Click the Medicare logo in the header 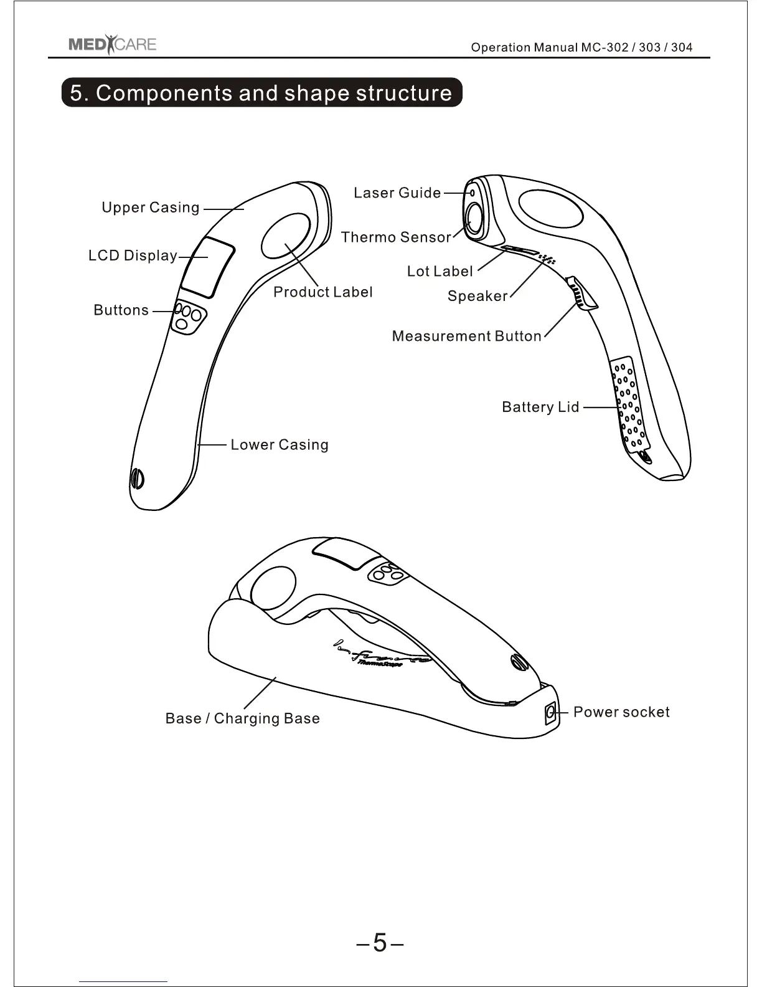tap(112, 45)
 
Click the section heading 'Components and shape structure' tap(261, 93)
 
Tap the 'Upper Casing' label tap(151, 207)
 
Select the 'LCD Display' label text tap(133, 255)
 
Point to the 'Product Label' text tap(322, 292)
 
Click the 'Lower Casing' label tap(280, 445)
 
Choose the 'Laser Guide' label tap(397, 193)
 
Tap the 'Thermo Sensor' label tap(395, 237)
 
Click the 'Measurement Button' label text tap(467, 336)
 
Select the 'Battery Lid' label tap(540, 408)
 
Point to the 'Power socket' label tap(621, 712)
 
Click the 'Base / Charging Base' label tap(243, 718)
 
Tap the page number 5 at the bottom tap(380, 942)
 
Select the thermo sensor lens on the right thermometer tap(475, 219)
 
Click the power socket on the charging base tap(550, 712)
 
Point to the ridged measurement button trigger tap(580, 293)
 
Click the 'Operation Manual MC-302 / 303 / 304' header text tap(581, 47)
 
